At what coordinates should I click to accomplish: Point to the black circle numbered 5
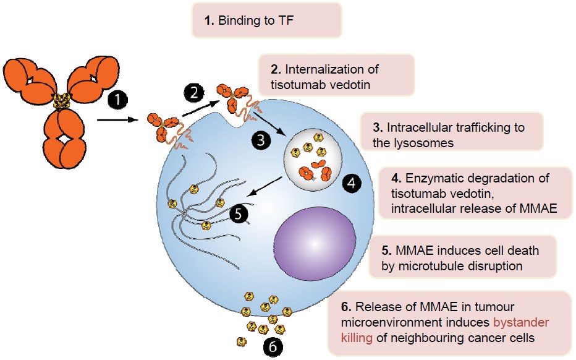pos(239,214)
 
